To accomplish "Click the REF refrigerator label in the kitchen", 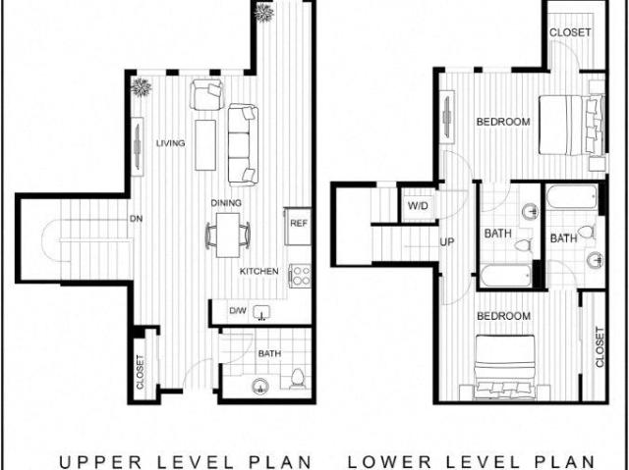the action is (299, 224).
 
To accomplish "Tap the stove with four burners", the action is (301, 276).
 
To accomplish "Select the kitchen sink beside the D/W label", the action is (262, 313).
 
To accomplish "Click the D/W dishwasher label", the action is (238, 311).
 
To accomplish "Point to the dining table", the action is (228, 235).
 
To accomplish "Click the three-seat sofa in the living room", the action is (243, 145).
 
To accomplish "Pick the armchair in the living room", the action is (207, 94).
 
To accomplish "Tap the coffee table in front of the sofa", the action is (205, 145).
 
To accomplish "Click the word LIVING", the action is (170, 143).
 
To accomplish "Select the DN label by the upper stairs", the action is (136, 219).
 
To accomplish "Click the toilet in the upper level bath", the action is (297, 379).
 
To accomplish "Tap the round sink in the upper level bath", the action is (260, 387).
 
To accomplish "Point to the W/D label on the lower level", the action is (418, 206).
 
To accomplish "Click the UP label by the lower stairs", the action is (447, 241).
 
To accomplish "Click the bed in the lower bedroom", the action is (505, 367).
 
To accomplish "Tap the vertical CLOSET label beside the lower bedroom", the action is (600, 347).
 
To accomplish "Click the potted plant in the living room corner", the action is (141, 87).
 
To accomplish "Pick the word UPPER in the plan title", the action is (100, 461).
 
